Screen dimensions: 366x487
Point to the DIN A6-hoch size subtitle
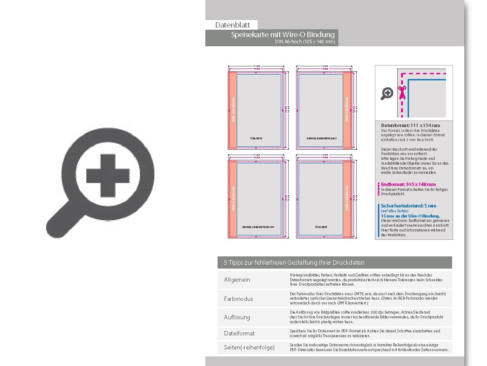pos(305,42)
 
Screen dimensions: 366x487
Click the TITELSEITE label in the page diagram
pos(256,138)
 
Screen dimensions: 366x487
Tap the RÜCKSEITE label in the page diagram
pos(321,227)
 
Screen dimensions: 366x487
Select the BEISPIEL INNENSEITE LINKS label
pos(322,138)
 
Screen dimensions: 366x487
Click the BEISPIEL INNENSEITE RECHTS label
pos(258,227)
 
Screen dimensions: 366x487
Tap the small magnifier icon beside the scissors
pos(387,93)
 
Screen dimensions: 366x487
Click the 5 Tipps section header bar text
pos(294,262)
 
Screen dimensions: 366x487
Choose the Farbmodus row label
pos(238,299)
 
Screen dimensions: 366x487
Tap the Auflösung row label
pos(237,317)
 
